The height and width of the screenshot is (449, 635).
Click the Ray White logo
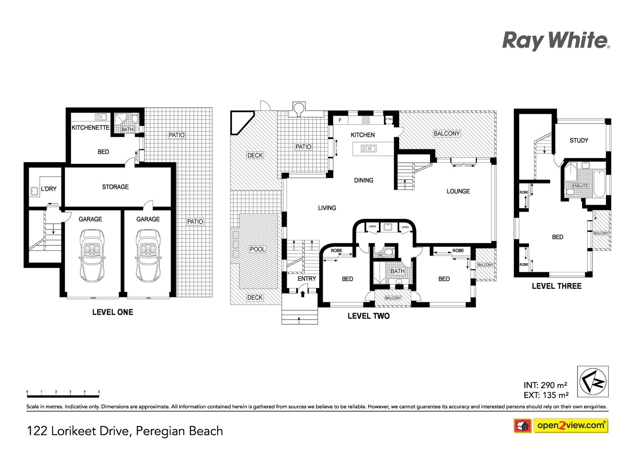click(556, 41)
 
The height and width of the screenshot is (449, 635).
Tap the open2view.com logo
click(571, 425)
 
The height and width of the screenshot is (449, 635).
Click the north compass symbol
click(593, 381)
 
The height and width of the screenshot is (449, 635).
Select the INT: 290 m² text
click(545, 385)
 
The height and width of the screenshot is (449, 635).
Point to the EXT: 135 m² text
click(546, 395)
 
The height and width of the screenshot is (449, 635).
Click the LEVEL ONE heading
click(112, 312)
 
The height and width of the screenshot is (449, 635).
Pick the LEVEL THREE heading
click(556, 286)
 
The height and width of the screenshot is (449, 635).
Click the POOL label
click(257, 249)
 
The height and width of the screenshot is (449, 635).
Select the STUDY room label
click(579, 141)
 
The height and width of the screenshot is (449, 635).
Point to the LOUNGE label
click(458, 191)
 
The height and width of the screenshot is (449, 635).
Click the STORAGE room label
click(115, 187)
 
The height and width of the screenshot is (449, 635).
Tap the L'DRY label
click(49, 189)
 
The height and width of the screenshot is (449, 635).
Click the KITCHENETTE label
click(90, 128)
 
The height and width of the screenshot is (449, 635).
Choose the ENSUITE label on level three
click(580, 186)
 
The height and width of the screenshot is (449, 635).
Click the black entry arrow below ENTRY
click(303, 294)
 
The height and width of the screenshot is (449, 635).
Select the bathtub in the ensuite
click(599, 183)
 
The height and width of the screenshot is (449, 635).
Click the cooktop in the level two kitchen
click(366, 120)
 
